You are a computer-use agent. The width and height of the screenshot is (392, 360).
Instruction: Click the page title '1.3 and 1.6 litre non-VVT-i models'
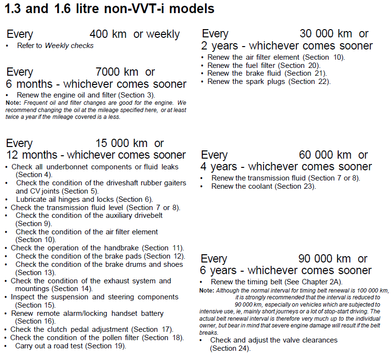[x=110, y=9]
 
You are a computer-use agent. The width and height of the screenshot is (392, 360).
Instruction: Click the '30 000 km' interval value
[x=326, y=34]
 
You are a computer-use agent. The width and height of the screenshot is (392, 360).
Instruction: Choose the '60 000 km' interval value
[x=325, y=155]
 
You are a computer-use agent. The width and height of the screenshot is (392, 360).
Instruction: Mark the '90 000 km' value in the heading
[x=325, y=259]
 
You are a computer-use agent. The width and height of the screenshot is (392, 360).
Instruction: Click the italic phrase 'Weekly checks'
[x=69, y=46]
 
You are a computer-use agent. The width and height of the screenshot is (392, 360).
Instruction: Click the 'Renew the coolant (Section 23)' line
[x=263, y=186]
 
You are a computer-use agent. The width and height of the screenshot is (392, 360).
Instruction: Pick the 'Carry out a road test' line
[x=70, y=346]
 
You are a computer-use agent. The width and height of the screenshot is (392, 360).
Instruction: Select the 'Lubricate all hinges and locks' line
[x=84, y=199]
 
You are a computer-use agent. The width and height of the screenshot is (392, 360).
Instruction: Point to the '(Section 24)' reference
[x=230, y=348]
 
